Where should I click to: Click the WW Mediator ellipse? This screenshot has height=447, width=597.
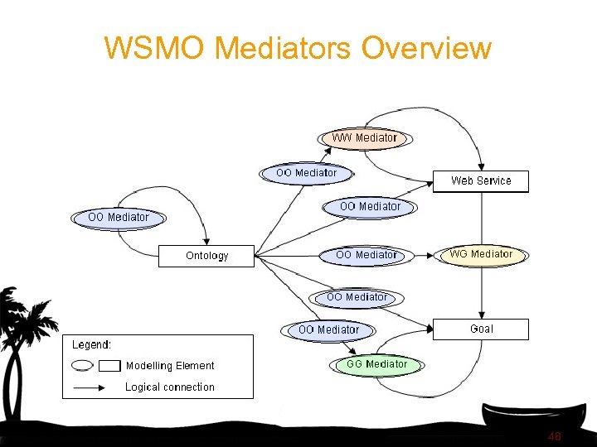[365, 137]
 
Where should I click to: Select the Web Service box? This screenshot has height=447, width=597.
[481, 180]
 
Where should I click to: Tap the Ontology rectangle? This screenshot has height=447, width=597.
[206, 256]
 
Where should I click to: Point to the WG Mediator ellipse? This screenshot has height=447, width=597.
[481, 254]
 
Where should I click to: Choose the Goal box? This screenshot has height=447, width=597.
[481, 329]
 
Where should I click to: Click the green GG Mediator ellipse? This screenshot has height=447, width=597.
[376, 364]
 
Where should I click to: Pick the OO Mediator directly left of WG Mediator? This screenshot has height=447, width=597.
[366, 255]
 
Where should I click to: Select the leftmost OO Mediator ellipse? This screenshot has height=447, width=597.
[118, 218]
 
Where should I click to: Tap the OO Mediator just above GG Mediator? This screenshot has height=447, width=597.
[328, 330]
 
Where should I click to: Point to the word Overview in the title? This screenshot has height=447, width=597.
[426, 48]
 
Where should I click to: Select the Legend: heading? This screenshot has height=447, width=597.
[92, 345]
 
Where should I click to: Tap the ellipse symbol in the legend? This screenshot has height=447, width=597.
[83, 365]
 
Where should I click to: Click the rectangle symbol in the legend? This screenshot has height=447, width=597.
[109, 365]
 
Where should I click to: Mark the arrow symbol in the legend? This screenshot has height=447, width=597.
[96, 387]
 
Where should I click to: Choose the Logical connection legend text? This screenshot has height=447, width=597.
[169, 387]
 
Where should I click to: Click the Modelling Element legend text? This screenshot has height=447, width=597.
[169, 366]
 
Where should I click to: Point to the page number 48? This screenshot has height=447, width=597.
[555, 436]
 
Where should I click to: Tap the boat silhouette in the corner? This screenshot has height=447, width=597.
[531, 418]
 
